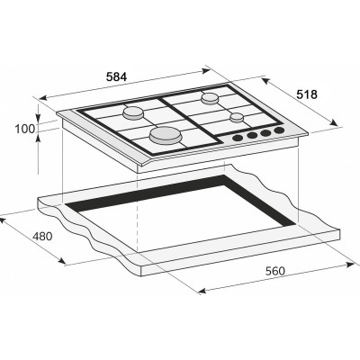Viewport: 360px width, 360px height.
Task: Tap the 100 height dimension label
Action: point(25,129)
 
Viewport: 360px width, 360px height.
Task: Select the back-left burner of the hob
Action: point(134,112)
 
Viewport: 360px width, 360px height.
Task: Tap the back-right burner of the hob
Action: point(211,97)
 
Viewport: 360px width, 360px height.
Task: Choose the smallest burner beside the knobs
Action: point(237,117)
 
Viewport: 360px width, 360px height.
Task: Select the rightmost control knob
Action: point(279,131)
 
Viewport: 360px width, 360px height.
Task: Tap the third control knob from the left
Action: point(266,134)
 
